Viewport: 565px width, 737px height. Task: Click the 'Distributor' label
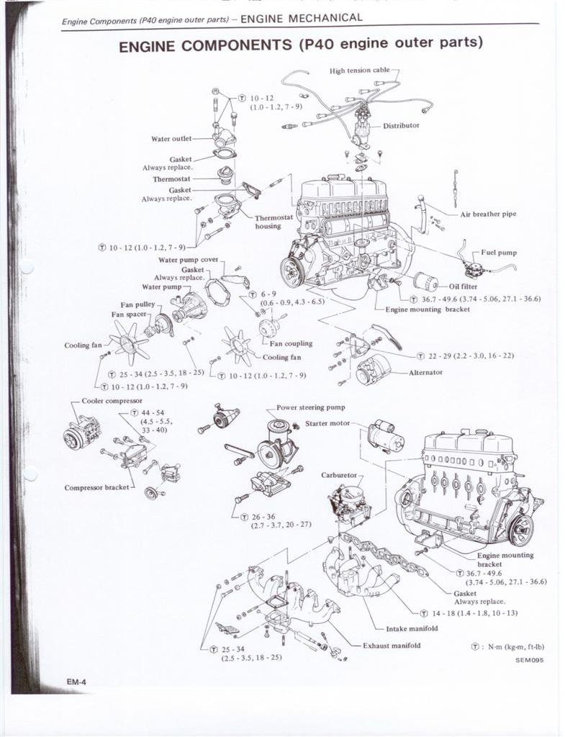[x=400, y=126]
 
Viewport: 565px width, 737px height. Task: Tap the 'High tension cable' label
[x=359, y=71]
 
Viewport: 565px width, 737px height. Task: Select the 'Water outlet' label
[x=171, y=139]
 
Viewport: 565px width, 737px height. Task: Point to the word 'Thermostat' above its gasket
[x=171, y=180]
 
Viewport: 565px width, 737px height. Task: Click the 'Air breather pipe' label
[x=488, y=214]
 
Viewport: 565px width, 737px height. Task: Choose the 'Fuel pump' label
[x=499, y=253]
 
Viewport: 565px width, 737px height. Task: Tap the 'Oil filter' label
[x=463, y=286]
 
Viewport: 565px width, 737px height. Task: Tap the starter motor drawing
[x=385, y=436]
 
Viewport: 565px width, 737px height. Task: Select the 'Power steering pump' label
[x=310, y=407]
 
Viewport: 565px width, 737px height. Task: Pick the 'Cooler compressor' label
[x=112, y=400]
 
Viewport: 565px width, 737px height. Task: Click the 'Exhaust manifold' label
[x=392, y=646]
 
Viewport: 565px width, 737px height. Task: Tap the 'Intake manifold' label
[x=412, y=628]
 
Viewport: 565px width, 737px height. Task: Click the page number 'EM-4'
[x=73, y=681]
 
